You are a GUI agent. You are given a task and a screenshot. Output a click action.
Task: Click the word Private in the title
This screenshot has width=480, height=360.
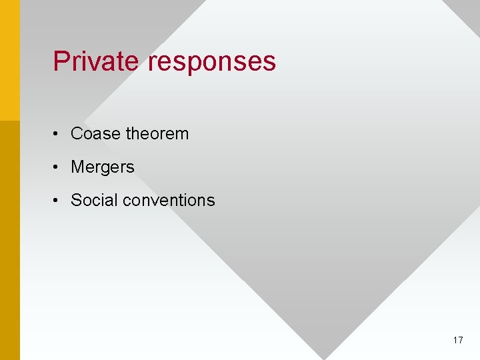(96, 61)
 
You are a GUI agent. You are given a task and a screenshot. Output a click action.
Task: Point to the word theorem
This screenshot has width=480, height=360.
(157, 134)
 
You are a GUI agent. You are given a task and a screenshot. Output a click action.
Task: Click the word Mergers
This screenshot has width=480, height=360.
(103, 167)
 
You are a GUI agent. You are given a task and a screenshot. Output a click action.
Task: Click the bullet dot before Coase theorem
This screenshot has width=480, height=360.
(58, 135)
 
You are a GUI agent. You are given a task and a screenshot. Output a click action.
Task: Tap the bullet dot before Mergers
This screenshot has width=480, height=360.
(58, 168)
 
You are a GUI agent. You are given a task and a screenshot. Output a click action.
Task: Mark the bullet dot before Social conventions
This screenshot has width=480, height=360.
(58, 201)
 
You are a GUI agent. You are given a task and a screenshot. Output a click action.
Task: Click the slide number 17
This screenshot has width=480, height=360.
(458, 341)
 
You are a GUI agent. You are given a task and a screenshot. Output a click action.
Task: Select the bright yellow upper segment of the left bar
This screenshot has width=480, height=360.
(10, 60)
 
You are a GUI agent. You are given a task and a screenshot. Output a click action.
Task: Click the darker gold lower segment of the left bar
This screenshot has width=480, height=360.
(10, 240)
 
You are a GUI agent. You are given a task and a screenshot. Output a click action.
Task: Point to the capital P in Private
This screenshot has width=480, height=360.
(61, 61)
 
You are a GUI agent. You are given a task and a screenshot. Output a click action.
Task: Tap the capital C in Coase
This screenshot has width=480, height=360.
(76, 134)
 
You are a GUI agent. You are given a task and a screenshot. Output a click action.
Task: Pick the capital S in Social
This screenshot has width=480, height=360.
(75, 201)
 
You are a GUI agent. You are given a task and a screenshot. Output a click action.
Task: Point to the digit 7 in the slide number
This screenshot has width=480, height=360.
(461, 341)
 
